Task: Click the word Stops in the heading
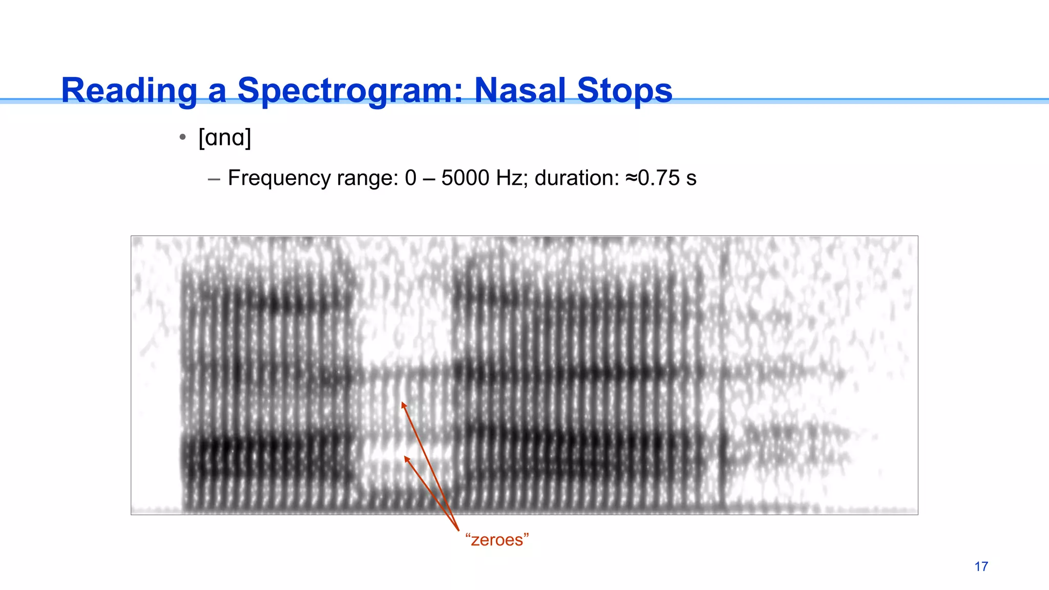624,91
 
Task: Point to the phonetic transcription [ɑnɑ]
225,137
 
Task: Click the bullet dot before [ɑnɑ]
182,137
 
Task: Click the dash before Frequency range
214,179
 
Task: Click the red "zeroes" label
497,540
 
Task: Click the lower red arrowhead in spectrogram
407,458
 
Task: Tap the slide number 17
981,566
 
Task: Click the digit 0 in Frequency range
410,178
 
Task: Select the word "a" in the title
217,91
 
